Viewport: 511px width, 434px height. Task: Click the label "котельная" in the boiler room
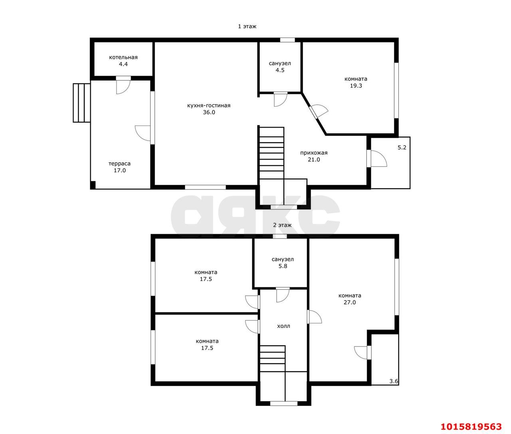click(x=123, y=58)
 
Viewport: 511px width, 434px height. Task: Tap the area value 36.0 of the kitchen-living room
click(x=209, y=112)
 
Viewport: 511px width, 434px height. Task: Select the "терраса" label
click(x=119, y=164)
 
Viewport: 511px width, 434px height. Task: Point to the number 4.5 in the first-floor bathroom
click(x=280, y=70)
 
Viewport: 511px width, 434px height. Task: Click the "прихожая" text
click(x=314, y=153)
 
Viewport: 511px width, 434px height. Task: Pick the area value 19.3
click(x=356, y=86)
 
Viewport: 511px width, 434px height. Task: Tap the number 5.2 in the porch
click(x=402, y=147)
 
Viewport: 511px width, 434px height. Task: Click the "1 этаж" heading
click(x=247, y=26)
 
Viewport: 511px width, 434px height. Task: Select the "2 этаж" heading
click(x=282, y=225)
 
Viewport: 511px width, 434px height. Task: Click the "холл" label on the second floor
click(x=283, y=326)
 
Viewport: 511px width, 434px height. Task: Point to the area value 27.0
click(x=350, y=303)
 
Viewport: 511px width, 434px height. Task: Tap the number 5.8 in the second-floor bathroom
click(x=283, y=266)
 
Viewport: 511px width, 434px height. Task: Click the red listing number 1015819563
click(x=471, y=426)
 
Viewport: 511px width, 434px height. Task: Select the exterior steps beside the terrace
click(x=81, y=103)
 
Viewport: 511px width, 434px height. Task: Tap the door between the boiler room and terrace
click(x=123, y=85)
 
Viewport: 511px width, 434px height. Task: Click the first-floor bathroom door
click(x=281, y=99)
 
